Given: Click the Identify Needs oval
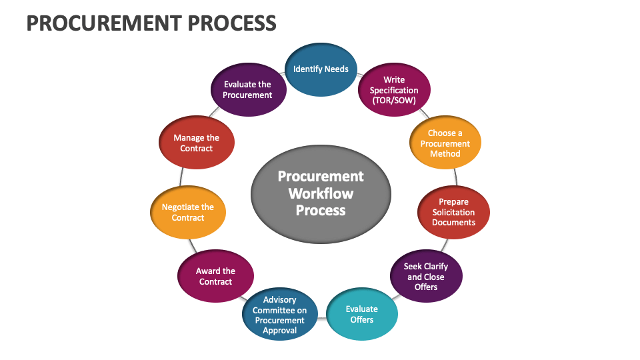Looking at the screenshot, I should tap(321, 69).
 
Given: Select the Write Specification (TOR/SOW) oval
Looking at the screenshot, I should tap(394, 90).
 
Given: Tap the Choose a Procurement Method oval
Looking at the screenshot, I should tap(445, 143).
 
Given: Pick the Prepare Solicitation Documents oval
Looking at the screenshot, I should tap(453, 212).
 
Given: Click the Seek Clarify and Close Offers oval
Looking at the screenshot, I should tap(426, 277).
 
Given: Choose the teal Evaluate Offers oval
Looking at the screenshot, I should tap(362, 314).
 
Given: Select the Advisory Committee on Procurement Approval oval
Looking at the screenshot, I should tap(279, 315).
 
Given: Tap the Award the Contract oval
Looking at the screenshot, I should tap(215, 277).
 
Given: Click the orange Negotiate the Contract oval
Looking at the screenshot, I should tap(188, 212).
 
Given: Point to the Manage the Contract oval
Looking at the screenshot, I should tap(196, 143).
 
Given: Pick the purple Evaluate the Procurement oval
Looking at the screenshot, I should tap(247, 90).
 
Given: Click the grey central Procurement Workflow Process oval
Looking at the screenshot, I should tap(321, 193).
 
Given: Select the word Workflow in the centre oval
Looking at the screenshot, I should tap(321, 193).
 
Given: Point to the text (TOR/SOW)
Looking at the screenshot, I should tap(394, 101).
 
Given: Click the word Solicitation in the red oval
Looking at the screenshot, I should tap(453, 212).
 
